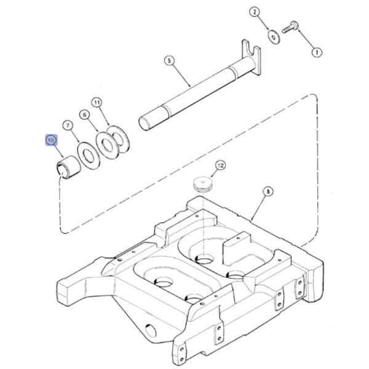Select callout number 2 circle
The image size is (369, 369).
tap(256, 12)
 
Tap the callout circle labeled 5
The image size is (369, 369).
tap(169, 60)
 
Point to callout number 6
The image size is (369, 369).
tap(85, 114)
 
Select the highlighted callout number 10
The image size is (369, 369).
tap(50, 141)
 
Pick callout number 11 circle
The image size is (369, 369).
tap(97, 101)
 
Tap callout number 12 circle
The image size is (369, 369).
tap(220, 165)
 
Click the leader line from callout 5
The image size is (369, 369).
tap(182, 74)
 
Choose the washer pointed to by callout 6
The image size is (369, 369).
tap(108, 146)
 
